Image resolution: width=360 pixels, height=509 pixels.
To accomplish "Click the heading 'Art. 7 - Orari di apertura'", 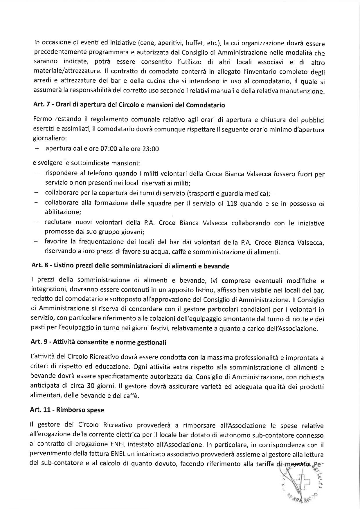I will coord(129,105).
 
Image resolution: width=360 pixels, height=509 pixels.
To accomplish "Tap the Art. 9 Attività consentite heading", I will coord(98,342).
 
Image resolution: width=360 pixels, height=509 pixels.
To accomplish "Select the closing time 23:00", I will coord(150,149).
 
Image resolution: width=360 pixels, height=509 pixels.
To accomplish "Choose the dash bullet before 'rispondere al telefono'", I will coord(37,174).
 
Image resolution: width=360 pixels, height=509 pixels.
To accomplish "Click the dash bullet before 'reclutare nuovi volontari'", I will coord(37,223).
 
